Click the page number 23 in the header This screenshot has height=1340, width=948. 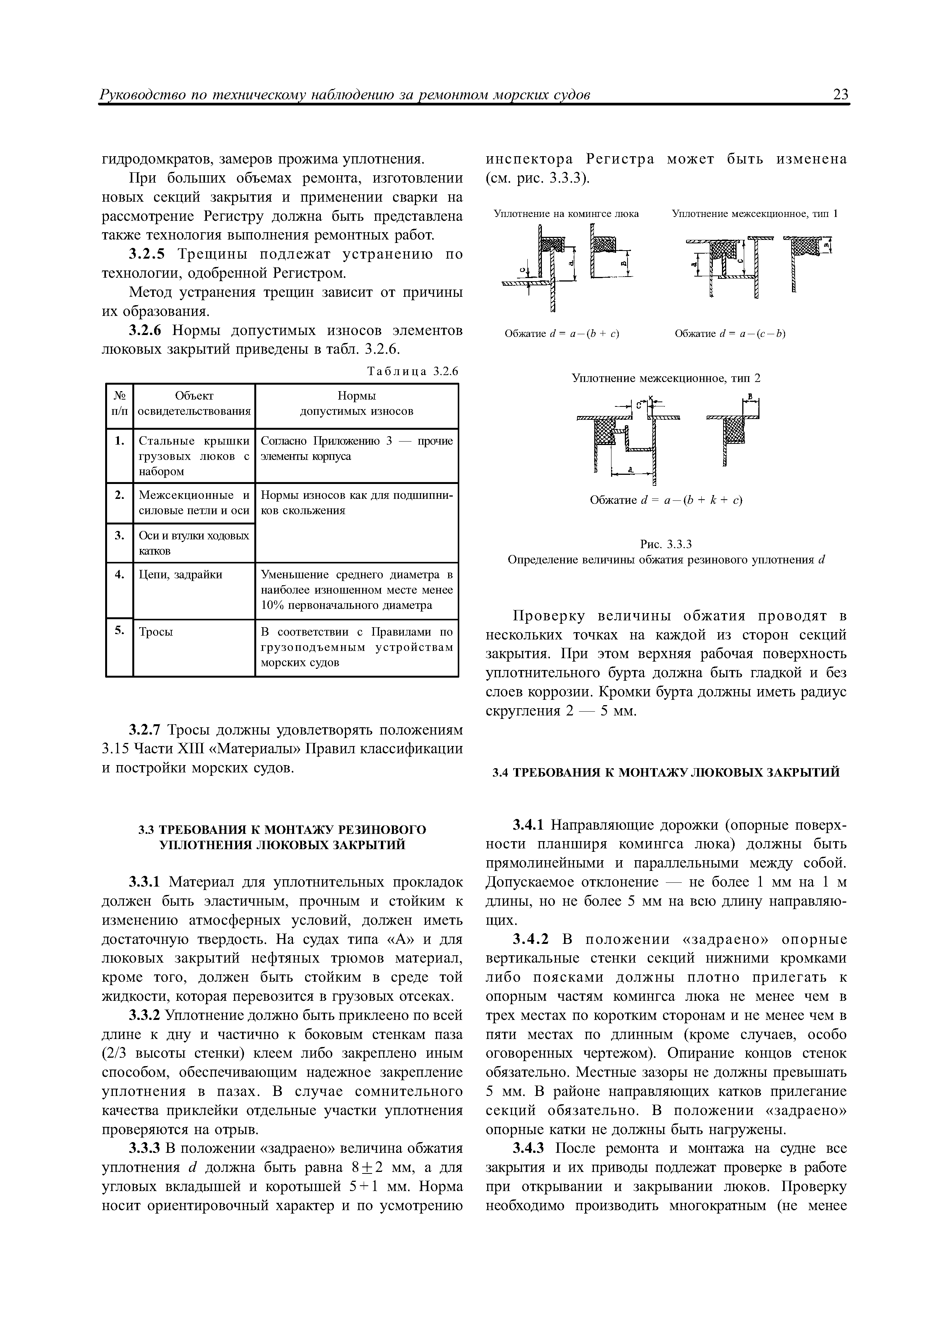(x=841, y=95)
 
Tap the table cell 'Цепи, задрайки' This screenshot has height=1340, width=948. (x=180, y=575)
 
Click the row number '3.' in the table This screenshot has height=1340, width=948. (x=120, y=535)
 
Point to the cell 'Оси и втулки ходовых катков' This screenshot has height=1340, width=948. (x=194, y=543)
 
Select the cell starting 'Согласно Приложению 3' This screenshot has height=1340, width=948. (x=356, y=448)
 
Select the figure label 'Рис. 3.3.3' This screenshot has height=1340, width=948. (x=666, y=545)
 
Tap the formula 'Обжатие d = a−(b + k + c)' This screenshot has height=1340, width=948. (x=666, y=500)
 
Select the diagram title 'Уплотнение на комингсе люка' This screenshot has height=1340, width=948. (x=567, y=214)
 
